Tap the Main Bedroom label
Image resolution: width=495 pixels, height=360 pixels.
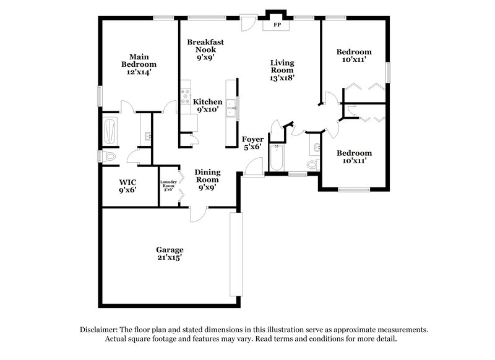tap(139, 64)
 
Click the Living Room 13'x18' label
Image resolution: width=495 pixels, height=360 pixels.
tap(282, 70)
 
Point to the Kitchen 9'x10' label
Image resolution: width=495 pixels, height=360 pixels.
tap(208, 105)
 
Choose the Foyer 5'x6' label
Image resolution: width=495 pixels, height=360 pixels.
tap(252, 143)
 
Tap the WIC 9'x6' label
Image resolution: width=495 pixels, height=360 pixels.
tap(127, 186)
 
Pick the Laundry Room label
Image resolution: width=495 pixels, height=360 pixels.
tap(169, 185)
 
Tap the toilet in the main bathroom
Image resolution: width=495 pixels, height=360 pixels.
tap(110, 158)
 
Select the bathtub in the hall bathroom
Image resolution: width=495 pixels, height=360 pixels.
tap(276, 158)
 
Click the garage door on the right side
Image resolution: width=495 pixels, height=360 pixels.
tap(234, 254)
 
